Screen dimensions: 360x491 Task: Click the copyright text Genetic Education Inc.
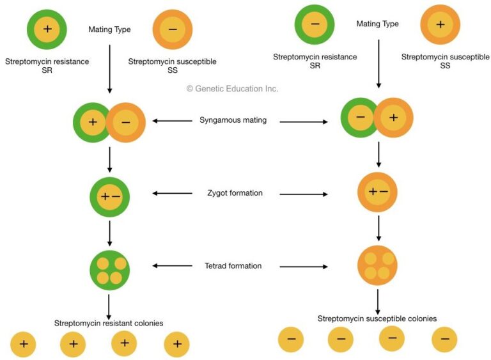pyautogui.click(x=232, y=89)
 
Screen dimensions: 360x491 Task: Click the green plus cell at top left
pyautogui.click(x=47, y=29)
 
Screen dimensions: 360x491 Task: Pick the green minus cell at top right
pyautogui.click(x=315, y=25)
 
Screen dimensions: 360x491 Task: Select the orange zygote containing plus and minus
pyautogui.click(x=378, y=192)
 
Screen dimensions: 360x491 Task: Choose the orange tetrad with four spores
pyautogui.click(x=377, y=265)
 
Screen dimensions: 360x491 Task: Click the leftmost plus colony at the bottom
pyautogui.click(x=24, y=345)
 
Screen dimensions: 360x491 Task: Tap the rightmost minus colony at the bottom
pyautogui.click(x=444, y=339)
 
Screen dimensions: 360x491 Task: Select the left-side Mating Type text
pyautogui.click(x=109, y=29)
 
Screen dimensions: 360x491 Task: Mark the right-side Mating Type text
pyautogui.click(x=377, y=24)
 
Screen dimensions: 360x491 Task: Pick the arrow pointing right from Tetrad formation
pyautogui.click(x=303, y=267)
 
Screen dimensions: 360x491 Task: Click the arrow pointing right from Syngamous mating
pyautogui.click(x=303, y=121)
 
